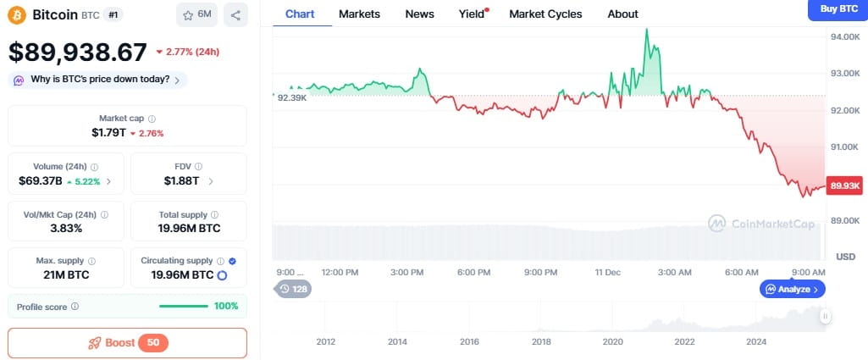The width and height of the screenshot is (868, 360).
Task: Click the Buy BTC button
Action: coord(838,8)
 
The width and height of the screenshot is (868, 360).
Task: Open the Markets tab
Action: coord(359,14)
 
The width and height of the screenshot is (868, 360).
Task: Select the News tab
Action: coord(419,14)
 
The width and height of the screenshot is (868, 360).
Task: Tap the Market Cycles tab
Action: coord(545,14)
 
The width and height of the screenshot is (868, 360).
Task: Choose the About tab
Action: coord(622,14)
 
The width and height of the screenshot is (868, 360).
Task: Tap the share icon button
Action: coord(235,14)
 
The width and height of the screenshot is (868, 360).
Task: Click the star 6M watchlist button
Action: coord(197,14)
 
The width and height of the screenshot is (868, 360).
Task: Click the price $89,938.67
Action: coord(78,53)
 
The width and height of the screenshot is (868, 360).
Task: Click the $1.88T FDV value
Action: coord(182,181)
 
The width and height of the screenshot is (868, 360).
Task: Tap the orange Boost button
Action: coord(127,343)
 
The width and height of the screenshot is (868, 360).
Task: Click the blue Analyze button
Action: coord(792,289)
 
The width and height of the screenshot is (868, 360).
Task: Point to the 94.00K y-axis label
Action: coord(845,37)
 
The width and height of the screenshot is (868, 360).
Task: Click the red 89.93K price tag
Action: coord(845,186)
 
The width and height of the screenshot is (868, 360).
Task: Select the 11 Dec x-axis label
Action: coord(608,272)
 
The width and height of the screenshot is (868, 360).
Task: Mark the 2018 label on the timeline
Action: coord(541,341)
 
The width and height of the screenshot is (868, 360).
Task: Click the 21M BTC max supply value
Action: coord(66,275)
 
